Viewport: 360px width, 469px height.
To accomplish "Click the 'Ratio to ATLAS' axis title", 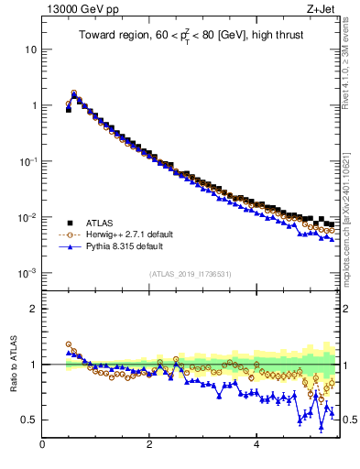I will click(14, 364).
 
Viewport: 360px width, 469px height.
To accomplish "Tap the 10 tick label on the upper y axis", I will click(31, 49).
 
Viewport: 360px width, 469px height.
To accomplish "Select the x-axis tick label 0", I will click(42, 445).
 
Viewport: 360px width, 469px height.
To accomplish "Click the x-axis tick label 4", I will click(256, 445).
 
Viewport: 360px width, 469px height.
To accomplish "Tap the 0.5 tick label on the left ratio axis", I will click(28, 420).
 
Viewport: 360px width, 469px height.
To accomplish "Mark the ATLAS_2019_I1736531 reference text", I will click(190, 273).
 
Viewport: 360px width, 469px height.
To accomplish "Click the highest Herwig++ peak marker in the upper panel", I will click(73, 93).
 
